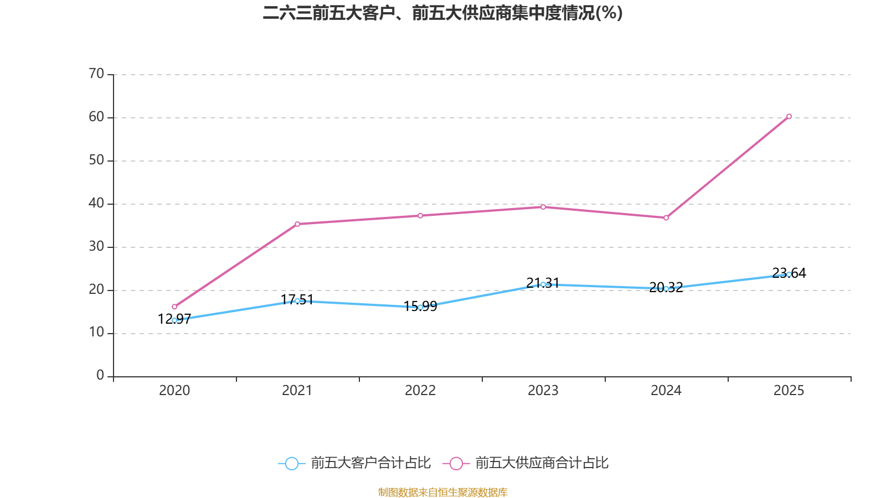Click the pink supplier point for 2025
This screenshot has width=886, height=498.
(x=789, y=116)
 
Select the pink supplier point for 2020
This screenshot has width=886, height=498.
(x=174, y=307)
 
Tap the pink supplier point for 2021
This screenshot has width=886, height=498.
(x=297, y=224)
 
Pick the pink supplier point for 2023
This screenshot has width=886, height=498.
(x=543, y=207)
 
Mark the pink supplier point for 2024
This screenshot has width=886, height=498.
(x=666, y=218)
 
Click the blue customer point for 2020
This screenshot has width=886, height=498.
(x=174, y=320)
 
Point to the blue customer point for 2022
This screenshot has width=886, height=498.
(x=420, y=307)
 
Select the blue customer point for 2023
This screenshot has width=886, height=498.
(x=543, y=284)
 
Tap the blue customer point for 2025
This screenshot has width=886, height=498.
(x=789, y=274)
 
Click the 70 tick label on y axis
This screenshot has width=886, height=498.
(x=96, y=74)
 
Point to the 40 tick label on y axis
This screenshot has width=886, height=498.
(x=96, y=203)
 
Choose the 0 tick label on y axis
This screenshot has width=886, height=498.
(x=100, y=376)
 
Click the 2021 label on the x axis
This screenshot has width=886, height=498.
(x=297, y=391)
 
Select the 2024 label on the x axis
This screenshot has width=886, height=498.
(x=666, y=391)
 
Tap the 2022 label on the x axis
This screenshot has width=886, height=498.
(x=420, y=391)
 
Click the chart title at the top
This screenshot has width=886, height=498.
(x=443, y=13)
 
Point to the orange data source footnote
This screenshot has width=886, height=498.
(x=443, y=492)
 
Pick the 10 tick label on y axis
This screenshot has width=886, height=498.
(x=96, y=333)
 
